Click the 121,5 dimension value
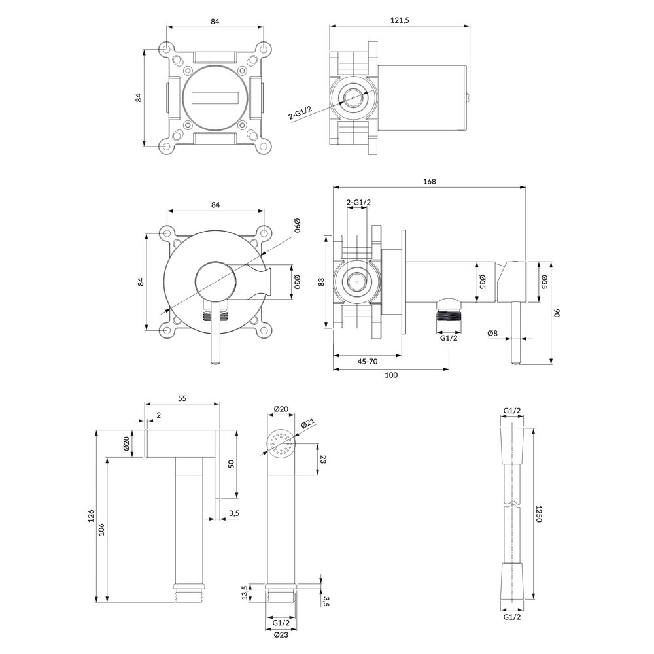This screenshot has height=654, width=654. pyautogui.click(x=399, y=21)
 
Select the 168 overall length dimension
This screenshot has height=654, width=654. pyautogui.click(x=429, y=182)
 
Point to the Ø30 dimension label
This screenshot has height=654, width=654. pyautogui.click(x=296, y=282)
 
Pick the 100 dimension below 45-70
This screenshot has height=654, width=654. pyautogui.click(x=391, y=375)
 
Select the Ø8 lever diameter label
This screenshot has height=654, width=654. pyautogui.click(x=492, y=334)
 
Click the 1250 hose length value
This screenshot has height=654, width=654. pyautogui.click(x=538, y=513)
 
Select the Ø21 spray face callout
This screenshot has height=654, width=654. pyautogui.click(x=309, y=424)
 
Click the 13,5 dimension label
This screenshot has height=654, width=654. pyautogui.click(x=245, y=593)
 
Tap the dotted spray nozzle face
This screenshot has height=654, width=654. pyautogui.click(x=282, y=445)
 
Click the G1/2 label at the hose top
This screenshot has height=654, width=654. pyautogui.click(x=512, y=411)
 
